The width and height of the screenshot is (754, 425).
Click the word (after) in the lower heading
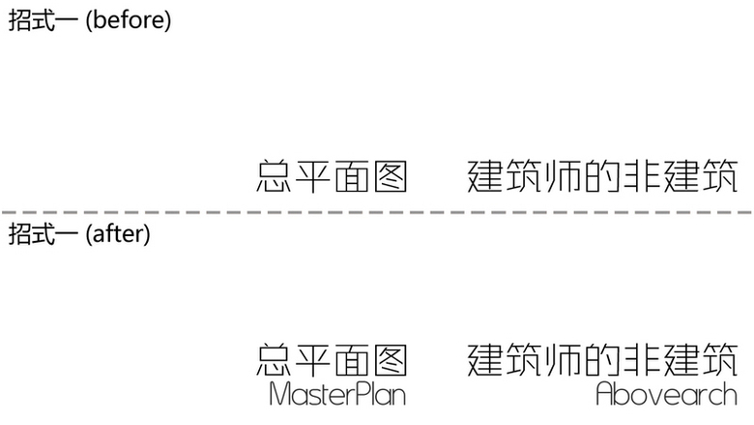118,233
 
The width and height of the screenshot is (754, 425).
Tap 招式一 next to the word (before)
43,20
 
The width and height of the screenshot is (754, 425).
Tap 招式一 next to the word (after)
43,233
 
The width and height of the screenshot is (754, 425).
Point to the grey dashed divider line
377,211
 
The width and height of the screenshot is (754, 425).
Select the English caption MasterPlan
336,394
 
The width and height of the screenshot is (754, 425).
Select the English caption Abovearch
666,394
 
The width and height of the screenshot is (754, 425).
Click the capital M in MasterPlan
279,394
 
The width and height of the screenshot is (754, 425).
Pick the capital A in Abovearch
606,394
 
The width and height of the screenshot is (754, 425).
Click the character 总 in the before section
275,177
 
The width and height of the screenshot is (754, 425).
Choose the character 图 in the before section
390,177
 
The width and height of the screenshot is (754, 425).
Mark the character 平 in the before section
313,177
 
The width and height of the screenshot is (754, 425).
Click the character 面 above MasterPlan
351,359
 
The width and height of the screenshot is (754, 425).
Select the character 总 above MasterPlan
275,359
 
